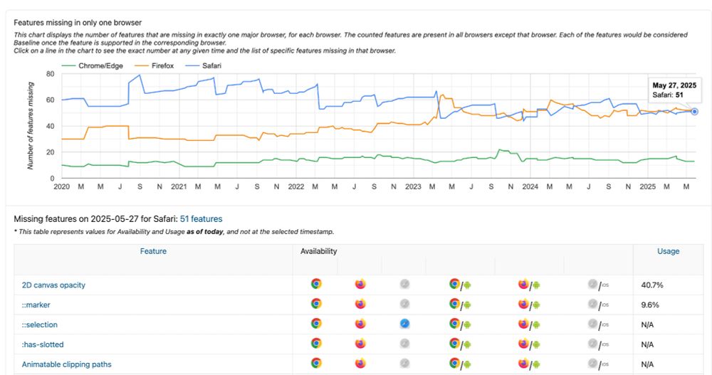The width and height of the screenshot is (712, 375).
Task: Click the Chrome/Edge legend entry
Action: click(99, 65)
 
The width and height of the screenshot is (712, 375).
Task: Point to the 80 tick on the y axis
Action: click(50, 74)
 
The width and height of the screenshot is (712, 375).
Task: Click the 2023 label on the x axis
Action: click(413, 186)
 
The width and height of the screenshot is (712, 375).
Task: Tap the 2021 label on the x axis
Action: click(179, 186)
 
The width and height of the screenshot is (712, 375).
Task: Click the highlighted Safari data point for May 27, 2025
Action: click(695, 111)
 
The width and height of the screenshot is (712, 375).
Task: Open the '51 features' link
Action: click(201, 219)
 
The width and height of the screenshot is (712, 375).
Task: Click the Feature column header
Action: click(153, 251)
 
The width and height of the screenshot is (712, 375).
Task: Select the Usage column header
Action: click(668, 251)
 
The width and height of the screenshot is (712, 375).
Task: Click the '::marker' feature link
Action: click(36, 305)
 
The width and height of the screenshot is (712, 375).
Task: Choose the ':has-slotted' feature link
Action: click(43, 344)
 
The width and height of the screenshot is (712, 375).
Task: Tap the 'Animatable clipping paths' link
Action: click(66, 364)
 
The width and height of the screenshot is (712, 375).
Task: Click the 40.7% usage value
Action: click(653, 285)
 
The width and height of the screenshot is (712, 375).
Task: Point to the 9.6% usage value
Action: click(650, 305)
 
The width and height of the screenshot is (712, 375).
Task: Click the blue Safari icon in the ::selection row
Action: click(404, 324)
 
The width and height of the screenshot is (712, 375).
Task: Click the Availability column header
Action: click(319, 251)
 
